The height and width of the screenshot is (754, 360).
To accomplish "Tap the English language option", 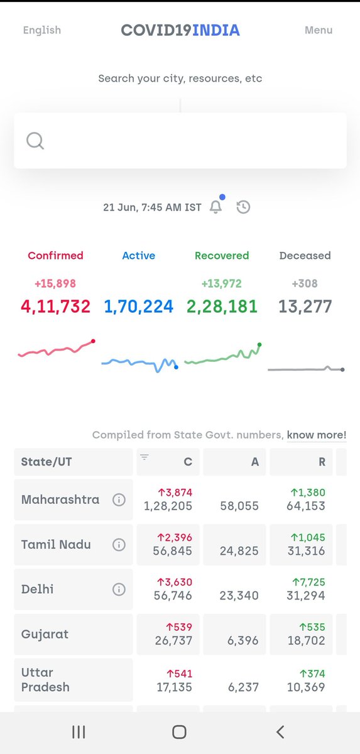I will (42, 30).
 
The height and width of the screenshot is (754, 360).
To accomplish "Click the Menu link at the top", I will (319, 30).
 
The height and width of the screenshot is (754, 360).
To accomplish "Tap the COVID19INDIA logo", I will (180, 30).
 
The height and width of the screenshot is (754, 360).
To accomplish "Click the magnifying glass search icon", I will (35, 141).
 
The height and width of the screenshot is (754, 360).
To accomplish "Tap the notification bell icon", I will (215, 207).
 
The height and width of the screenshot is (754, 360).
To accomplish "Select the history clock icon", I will (243, 207).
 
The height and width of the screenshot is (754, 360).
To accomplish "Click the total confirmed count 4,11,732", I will (56, 307).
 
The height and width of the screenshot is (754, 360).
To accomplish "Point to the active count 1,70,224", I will (139, 307).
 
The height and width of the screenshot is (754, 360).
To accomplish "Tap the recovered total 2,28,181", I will (222, 307).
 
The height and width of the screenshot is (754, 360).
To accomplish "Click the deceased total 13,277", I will (305, 307).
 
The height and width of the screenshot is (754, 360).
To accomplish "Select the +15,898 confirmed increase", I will (56, 284).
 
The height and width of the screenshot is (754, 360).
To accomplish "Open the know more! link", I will (317, 435).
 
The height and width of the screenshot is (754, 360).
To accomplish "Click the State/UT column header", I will (46, 462).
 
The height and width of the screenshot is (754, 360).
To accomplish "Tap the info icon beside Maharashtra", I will (118, 500).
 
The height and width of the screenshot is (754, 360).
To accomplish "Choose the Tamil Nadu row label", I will (56, 545).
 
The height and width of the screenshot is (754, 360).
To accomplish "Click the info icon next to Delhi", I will (118, 589).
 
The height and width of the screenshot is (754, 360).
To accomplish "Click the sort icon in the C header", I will (145, 457).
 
